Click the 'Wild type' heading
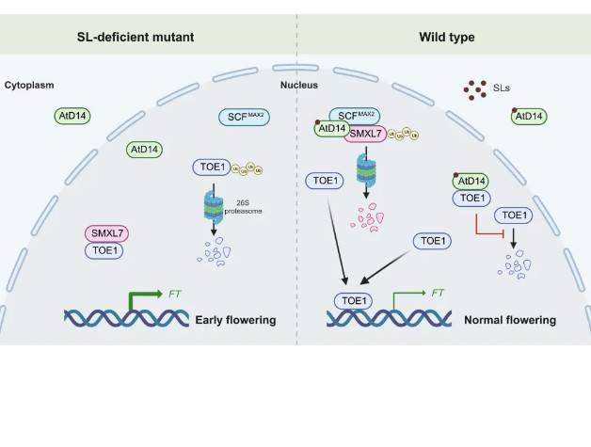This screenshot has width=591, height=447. point(446,37)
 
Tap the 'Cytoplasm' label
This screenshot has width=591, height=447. point(29,85)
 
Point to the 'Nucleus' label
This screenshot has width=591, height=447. point(300,85)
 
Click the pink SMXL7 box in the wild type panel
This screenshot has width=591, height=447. point(374,134)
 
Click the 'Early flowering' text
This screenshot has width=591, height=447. point(235,320)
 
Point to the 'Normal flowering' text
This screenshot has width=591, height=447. point(509,320)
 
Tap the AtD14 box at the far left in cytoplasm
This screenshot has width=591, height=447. point(75,117)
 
